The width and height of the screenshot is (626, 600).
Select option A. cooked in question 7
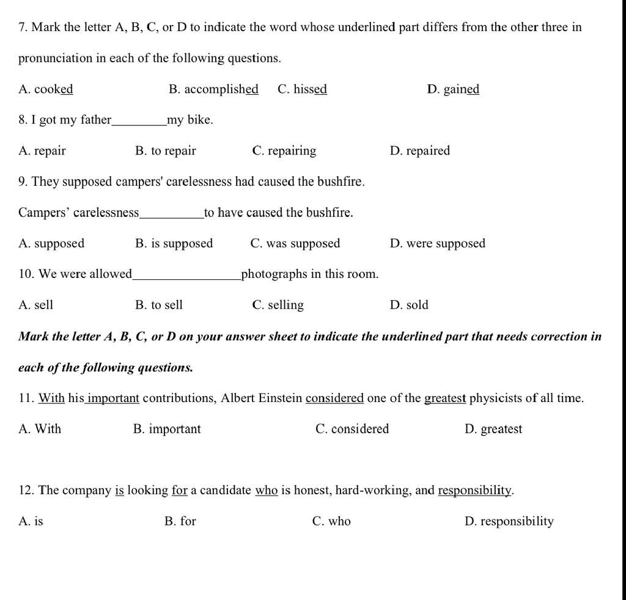[46, 89]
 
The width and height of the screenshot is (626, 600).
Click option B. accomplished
[213, 89]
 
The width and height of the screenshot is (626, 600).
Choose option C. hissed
[302, 89]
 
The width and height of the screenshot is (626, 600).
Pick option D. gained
[453, 89]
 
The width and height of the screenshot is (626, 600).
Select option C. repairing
[284, 151]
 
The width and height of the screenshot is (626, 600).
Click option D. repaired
[419, 151]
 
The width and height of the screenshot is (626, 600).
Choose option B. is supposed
[174, 243]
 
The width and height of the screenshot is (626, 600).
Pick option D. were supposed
[437, 243]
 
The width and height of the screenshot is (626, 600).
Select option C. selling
[278, 305]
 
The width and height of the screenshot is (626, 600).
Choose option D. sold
[409, 305]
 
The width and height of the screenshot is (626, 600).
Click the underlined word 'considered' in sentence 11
[334, 398]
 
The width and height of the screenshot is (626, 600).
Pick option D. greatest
[493, 429]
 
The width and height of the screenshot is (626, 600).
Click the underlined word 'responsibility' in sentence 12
[475, 491]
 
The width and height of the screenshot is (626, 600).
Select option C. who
[331, 521]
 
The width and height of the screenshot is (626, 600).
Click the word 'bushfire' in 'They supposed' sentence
[339, 181]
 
